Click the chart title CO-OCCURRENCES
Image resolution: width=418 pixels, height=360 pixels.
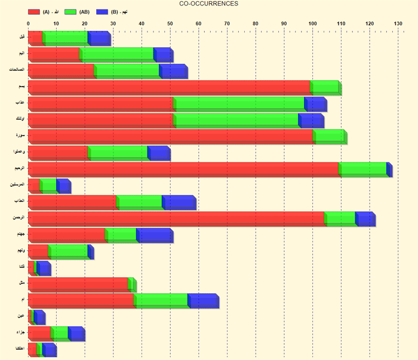click(209, 4)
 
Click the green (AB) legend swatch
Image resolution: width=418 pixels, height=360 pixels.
click(69, 12)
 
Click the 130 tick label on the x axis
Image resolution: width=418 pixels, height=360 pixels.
click(397, 24)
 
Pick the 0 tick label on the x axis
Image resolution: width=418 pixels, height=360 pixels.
click(28, 24)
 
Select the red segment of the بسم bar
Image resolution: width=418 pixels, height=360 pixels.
click(169, 87)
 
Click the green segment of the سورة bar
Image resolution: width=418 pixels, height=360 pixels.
click(328, 136)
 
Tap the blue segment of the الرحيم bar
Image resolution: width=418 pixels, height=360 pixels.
click(389, 169)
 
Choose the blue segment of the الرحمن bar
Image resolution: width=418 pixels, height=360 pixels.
click(365, 219)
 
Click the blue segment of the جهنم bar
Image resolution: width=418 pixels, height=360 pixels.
click(155, 235)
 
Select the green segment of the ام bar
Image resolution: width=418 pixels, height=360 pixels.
click(161, 300)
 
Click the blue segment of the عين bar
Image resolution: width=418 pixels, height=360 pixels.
click(39, 316)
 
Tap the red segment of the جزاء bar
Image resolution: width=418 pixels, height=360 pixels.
click(39, 333)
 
